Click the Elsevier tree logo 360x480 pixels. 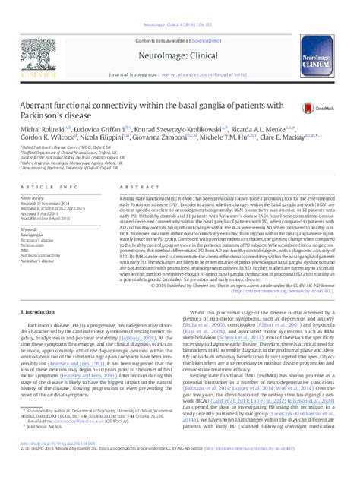pos(31,42)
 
